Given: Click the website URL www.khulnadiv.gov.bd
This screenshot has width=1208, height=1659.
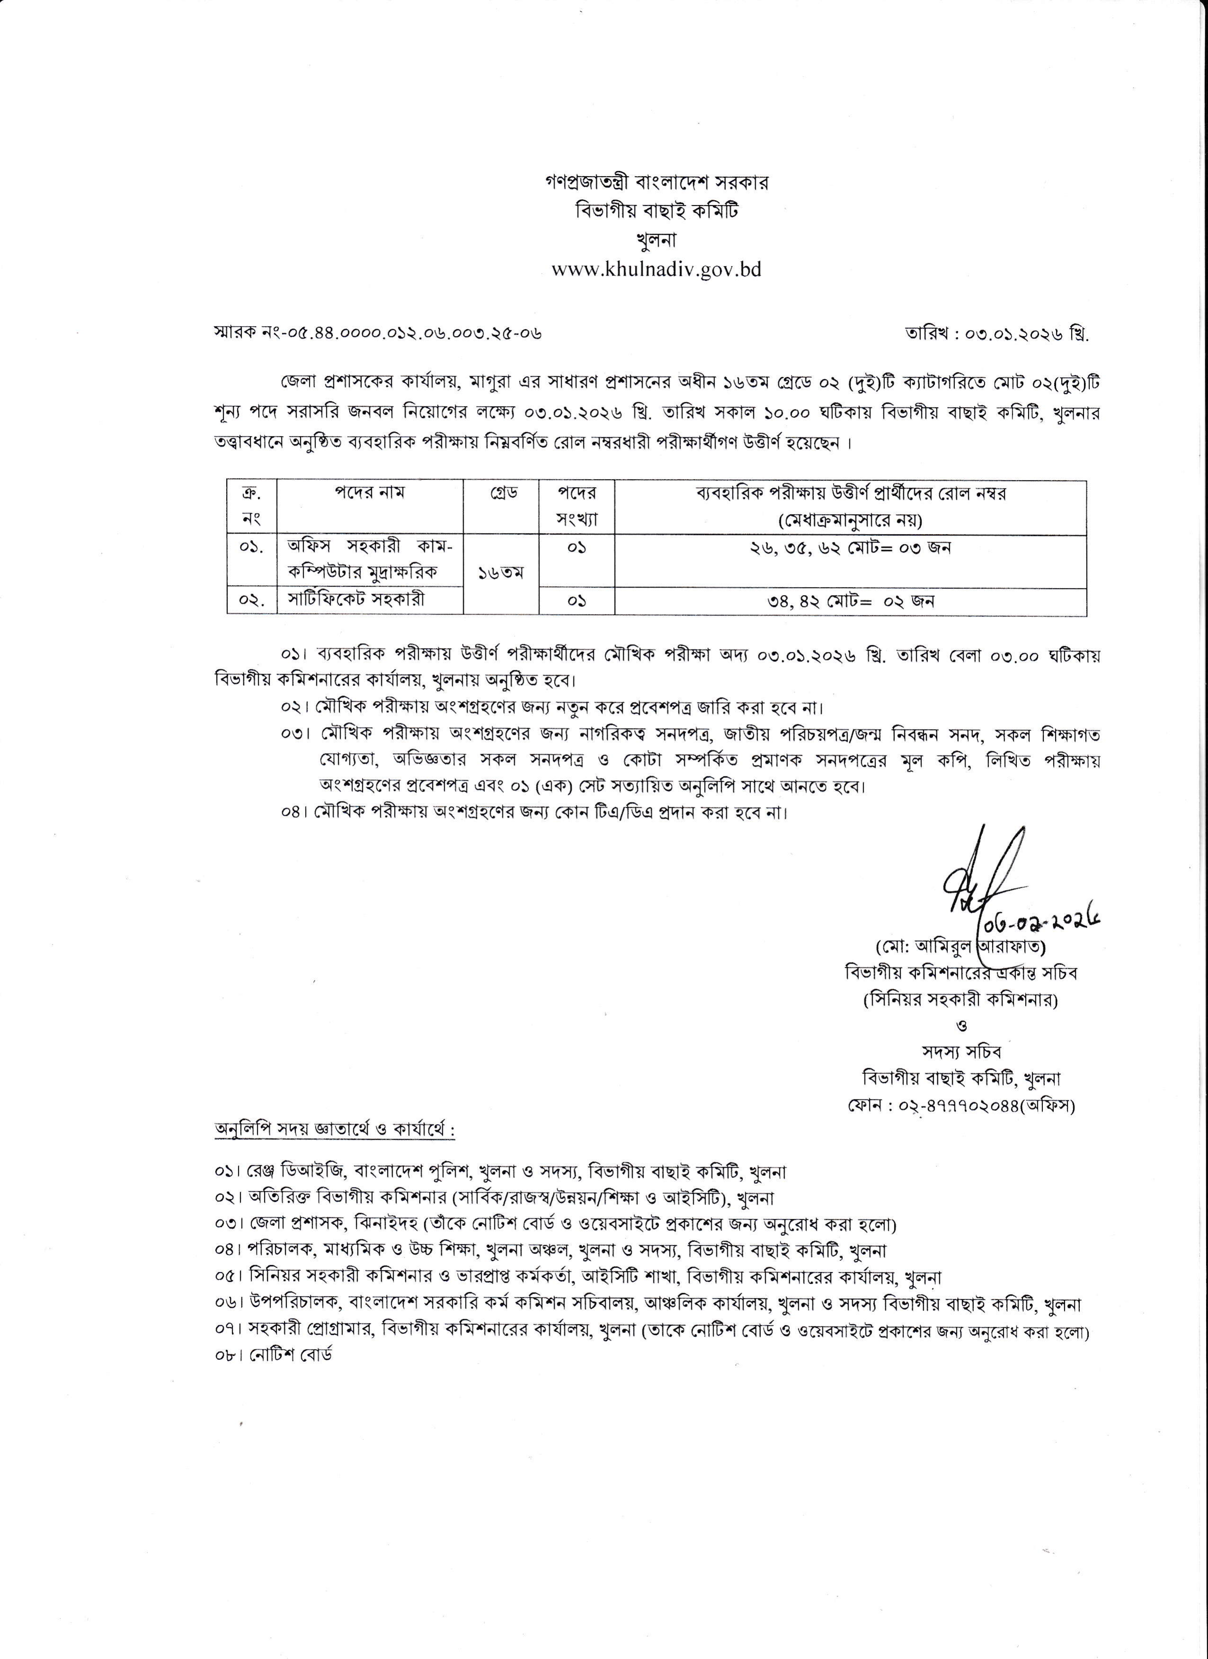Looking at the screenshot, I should (656, 270).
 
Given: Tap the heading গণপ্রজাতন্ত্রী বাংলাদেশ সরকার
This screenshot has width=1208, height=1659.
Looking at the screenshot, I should (656, 183).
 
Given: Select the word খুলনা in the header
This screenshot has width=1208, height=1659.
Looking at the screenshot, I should (656, 240).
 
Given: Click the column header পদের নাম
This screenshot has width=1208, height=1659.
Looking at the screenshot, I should (371, 493).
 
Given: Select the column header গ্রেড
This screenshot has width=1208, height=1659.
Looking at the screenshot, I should (501, 493).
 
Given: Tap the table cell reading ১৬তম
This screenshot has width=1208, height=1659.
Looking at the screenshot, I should (501, 573).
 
